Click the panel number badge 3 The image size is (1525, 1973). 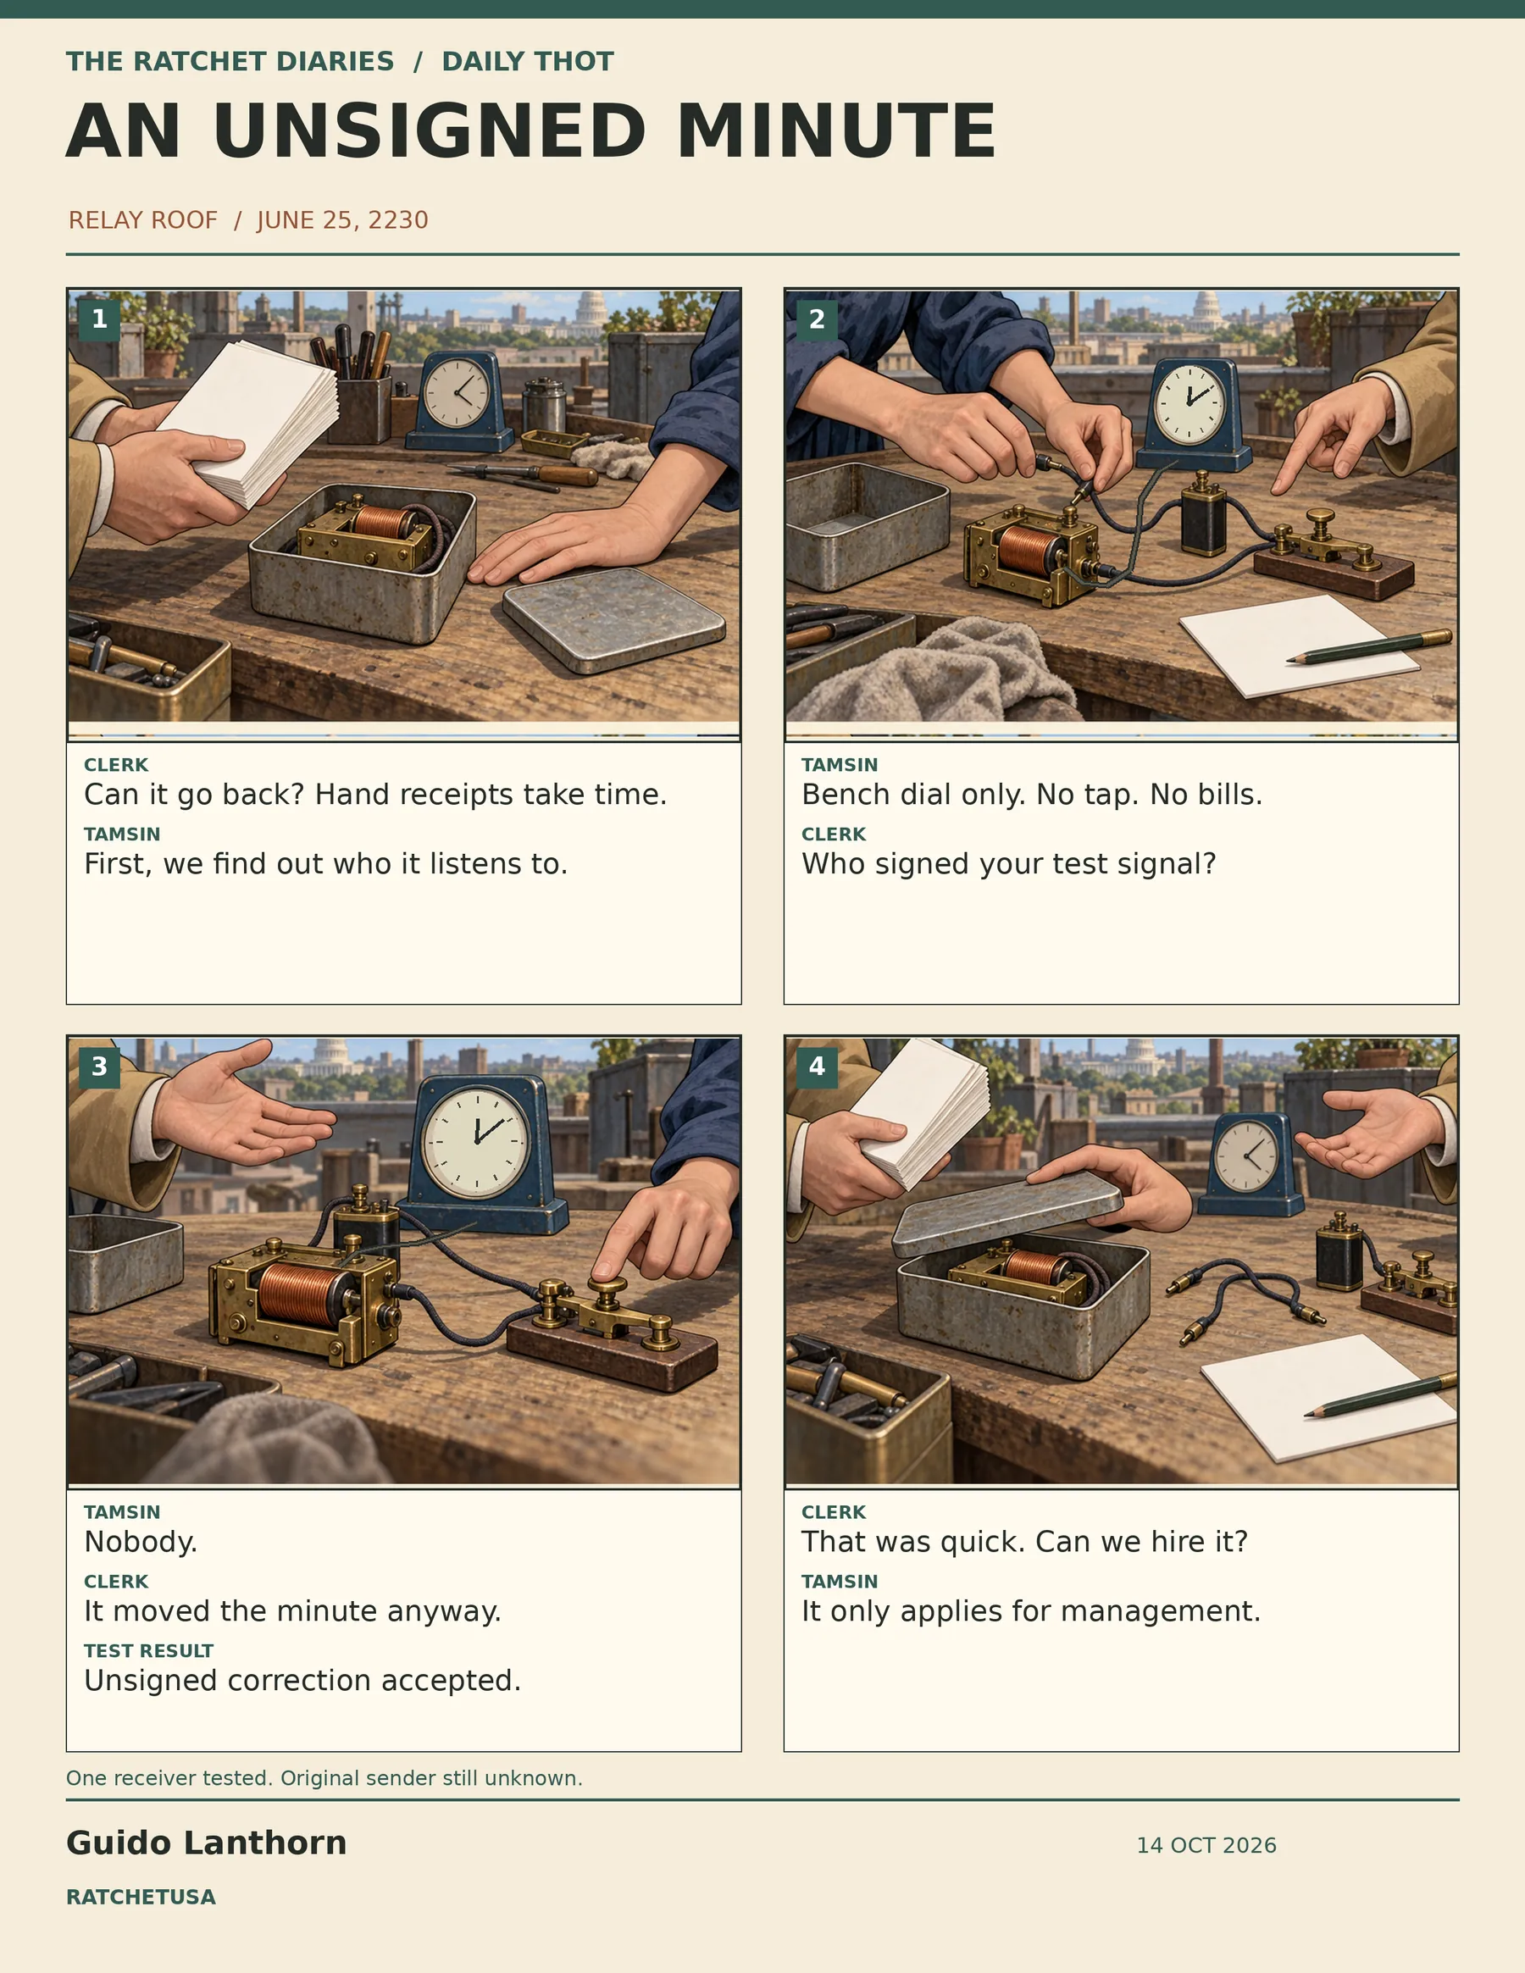(99, 1067)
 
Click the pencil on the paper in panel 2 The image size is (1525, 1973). (1369, 647)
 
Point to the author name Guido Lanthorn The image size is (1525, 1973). (206, 1843)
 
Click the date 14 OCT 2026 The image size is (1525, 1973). (1206, 1845)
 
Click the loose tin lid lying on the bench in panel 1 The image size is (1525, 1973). (614, 620)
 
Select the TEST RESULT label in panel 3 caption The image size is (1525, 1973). (149, 1650)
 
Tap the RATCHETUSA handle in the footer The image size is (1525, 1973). (141, 1896)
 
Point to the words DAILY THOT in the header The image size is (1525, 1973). (528, 62)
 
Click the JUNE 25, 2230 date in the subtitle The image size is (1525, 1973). (342, 220)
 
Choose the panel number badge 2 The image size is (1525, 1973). (817, 319)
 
